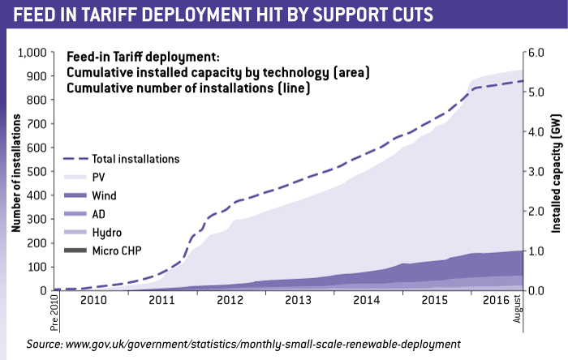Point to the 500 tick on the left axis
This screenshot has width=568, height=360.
click(37, 172)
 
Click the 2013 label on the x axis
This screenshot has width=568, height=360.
click(299, 299)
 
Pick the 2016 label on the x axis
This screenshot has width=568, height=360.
click(495, 299)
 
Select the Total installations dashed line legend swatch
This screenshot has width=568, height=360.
click(74, 159)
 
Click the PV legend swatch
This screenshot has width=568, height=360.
click(74, 177)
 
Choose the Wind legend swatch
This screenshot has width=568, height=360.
click(74, 195)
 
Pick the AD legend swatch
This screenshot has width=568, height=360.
click(74, 214)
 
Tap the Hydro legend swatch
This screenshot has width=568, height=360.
click(74, 232)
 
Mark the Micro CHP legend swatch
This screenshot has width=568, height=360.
click(74, 251)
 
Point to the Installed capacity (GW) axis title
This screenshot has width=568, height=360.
click(556, 171)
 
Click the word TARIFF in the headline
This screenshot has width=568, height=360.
click(134, 16)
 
